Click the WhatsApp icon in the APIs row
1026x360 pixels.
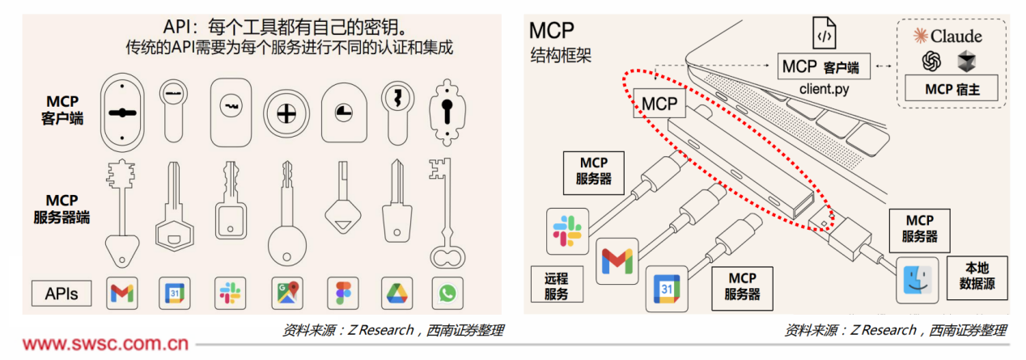click(x=447, y=293)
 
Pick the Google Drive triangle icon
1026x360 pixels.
click(x=396, y=293)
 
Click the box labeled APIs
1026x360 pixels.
click(x=61, y=293)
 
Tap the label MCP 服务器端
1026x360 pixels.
click(x=61, y=208)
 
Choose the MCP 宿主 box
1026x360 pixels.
click(x=952, y=89)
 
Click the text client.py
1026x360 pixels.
click(x=824, y=88)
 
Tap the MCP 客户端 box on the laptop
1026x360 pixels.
click(x=823, y=66)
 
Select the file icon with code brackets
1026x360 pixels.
click(x=824, y=35)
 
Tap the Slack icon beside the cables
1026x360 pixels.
click(x=567, y=230)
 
